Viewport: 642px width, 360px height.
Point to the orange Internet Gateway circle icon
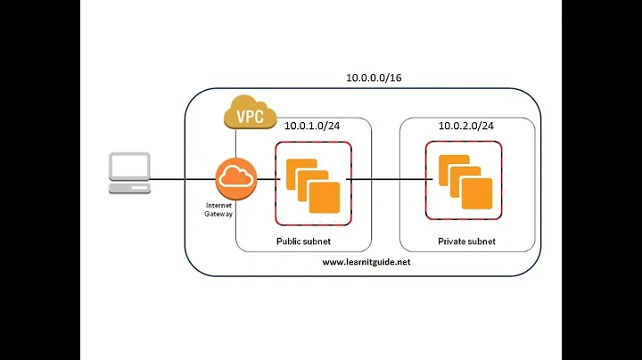click(235, 177)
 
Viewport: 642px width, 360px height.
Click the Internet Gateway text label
click(218, 209)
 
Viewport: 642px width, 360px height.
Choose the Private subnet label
click(466, 241)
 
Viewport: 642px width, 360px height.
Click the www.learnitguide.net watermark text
click(366, 263)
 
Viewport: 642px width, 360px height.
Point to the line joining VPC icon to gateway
click(236, 143)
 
